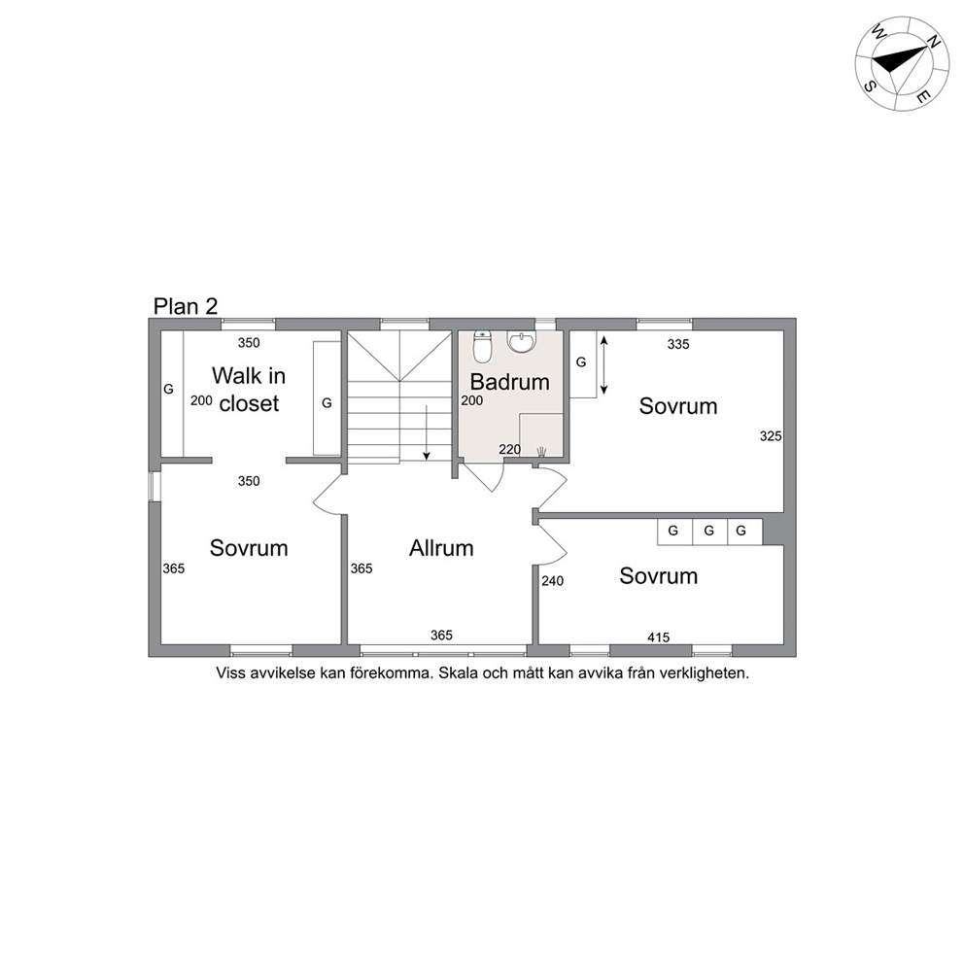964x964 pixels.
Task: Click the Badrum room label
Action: click(x=509, y=382)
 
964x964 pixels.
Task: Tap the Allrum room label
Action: click(x=441, y=548)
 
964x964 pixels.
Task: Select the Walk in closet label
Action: click(x=249, y=389)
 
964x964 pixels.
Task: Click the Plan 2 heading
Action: click(x=186, y=306)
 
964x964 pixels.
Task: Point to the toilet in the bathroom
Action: click(x=483, y=347)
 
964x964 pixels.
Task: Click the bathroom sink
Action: click(x=522, y=342)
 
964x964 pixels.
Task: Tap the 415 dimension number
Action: click(x=659, y=637)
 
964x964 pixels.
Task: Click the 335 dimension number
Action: click(x=678, y=344)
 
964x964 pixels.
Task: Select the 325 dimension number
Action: click(x=771, y=436)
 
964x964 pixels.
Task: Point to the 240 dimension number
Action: click(x=552, y=581)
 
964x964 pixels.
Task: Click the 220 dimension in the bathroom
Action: click(x=509, y=449)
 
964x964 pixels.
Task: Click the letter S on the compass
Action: click(x=870, y=86)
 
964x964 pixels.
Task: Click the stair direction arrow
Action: click(x=426, y=432)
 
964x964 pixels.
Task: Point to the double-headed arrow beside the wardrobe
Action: click(x=603, y=365)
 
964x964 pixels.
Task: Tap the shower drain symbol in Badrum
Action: click(x=541, y=453)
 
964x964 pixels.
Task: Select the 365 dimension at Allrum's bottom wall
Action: click(x=441, y=636)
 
